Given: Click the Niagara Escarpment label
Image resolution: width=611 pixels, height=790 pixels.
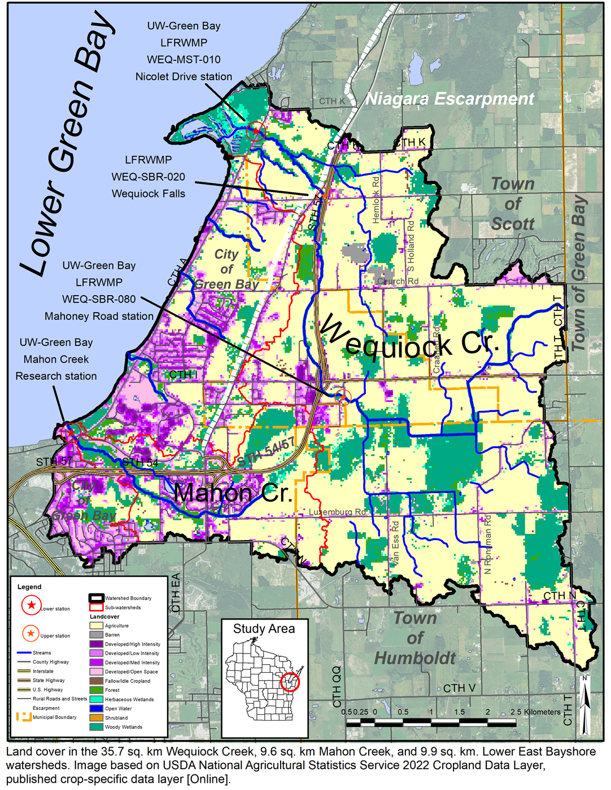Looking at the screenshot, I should coord(449,99).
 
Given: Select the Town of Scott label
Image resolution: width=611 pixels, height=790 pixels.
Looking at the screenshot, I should coord(513,204).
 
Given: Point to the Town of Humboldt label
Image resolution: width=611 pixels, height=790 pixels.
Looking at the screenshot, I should coord(415,638).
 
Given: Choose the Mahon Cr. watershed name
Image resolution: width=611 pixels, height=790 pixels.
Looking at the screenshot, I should coord(233,493).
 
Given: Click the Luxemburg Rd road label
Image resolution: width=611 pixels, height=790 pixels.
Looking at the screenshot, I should coord(337,512).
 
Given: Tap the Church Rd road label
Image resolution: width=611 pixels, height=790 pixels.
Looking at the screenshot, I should coord(398,281).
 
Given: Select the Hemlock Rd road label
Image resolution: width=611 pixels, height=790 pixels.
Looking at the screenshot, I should coord(376,199).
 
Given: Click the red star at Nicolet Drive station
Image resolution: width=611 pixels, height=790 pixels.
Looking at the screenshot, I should coord(256,131).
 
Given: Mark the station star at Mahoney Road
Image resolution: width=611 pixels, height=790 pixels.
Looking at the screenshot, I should coord(342,397).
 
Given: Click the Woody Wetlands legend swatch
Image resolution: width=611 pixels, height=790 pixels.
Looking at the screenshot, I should coord(96,727).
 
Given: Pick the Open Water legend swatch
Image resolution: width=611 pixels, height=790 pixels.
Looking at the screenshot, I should coord(96,708).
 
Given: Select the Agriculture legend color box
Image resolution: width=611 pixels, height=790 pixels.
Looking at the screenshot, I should coord(96,625).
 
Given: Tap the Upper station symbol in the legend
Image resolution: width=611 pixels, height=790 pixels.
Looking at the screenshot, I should coord(30,633).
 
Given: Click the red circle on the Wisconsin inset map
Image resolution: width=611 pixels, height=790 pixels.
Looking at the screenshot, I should coord(290,682).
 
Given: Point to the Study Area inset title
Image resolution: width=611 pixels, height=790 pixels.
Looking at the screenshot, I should coord(264,629).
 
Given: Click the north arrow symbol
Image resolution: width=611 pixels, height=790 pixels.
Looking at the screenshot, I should coord(586,705).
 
